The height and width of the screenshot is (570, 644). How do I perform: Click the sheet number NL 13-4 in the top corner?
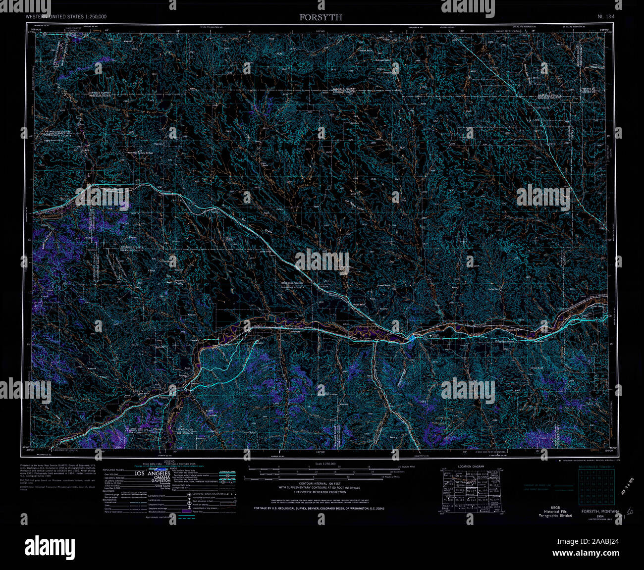point(606,17)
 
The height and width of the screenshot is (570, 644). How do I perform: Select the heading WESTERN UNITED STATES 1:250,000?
point(66,17)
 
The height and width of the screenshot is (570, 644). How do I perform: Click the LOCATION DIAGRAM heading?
point(472,466)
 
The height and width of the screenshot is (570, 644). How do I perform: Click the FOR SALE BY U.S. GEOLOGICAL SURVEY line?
point(319,509)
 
